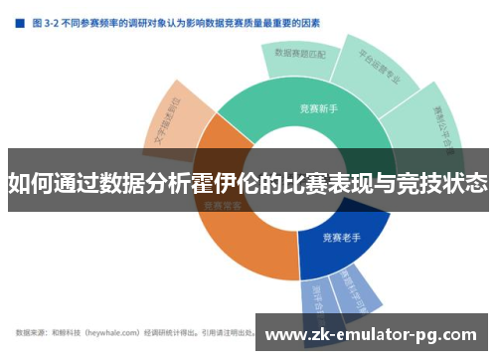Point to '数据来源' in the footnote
click(x=30, y=331)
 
